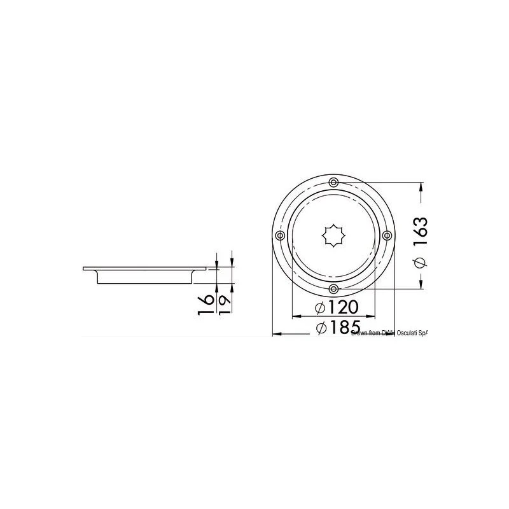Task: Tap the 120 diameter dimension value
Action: pyautogui.click(x=344, y=307)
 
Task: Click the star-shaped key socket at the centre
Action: pyautogui.click(x=333, y=235)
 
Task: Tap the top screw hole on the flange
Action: pyautogui.click(x=333, y=183)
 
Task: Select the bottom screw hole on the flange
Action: pyautogui.click(x=333, y=289)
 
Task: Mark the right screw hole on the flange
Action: pyautogui.click(x=386, y=236)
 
